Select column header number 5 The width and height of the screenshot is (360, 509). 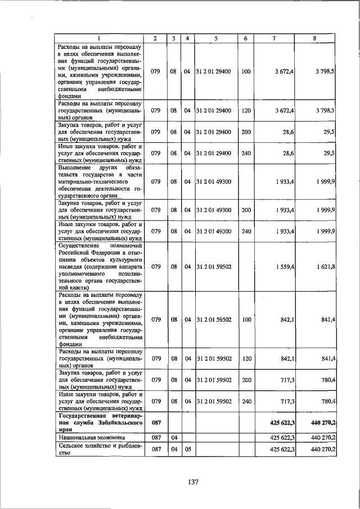(x=216, y=38)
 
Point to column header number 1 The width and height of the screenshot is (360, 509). (x=98, y=38)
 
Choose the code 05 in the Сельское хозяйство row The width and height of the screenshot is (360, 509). (x=187, y=449)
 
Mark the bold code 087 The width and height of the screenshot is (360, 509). (x=156, y=422)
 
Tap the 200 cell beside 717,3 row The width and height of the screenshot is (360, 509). (x=246, y=380)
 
